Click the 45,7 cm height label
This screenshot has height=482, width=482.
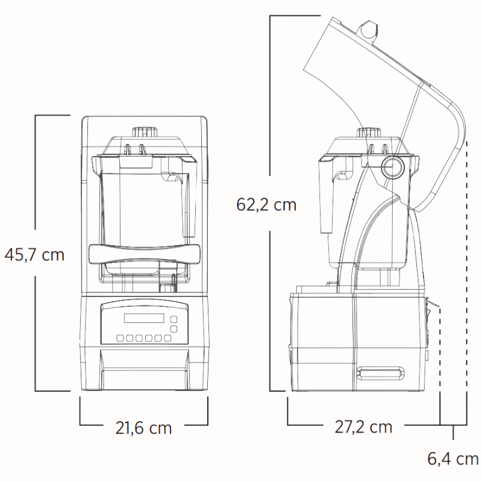(x=34, y=254)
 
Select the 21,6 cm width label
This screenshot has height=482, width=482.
(x=143, y=428)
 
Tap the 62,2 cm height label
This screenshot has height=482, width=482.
(x=266, y=205)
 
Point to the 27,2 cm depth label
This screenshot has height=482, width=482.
(x=363, y=427)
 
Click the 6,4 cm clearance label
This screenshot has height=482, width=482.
(x=453, y=459)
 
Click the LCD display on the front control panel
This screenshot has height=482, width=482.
(x=143, y=319)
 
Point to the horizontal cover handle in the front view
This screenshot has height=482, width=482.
(x=143, y=254)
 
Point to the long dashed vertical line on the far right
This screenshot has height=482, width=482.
(x=468, y=271)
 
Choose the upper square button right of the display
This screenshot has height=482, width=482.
(x=174, y=319)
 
